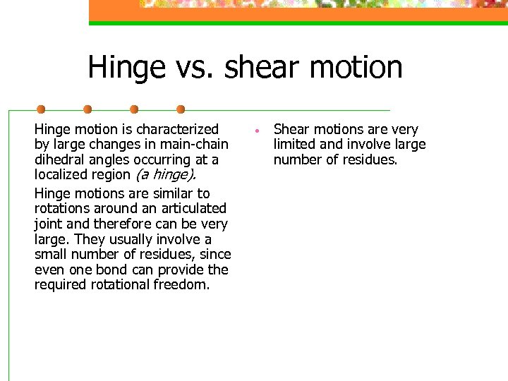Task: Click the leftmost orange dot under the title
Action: [x=41, y=109]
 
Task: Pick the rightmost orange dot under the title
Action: [x=181, y=109]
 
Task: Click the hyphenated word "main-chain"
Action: [x=195, y=145]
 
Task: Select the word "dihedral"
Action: [x=59, y=160]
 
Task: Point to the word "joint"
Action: [x=47, y=224]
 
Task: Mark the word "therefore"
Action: [x=116, y=224]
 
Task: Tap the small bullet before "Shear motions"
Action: [x=259, y=131]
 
